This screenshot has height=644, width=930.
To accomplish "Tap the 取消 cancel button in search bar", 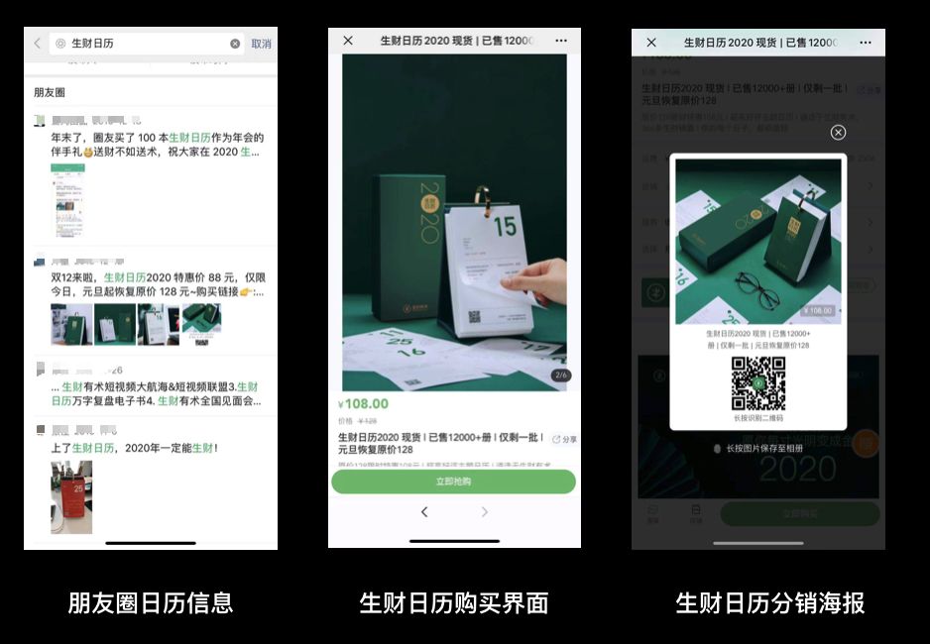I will (x=261, y=44).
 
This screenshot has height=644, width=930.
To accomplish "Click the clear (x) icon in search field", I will (x=235, y=44).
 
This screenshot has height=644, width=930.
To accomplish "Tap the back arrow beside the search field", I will (x=38, y=44).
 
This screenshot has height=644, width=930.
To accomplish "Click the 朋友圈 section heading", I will (x=50, y=92).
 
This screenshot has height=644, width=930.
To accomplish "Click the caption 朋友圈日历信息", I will (x=151, y=602).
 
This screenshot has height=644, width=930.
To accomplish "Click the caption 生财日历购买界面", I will (x=454, y=602).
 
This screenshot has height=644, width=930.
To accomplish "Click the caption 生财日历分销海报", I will (x=769, y=602).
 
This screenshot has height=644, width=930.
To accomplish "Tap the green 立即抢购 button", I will (x=453, y=482).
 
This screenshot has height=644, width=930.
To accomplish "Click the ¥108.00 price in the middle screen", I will (x=364, y=404).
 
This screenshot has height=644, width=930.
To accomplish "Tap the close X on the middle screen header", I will (x=348, y=41).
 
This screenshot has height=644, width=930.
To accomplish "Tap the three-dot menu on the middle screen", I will (x=561, y=41).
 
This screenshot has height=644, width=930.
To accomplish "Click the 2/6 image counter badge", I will (x=559, y=376).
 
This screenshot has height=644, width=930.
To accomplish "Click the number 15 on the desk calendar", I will (x=505, y=227).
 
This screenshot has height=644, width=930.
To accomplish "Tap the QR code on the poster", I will (x=758, y=383).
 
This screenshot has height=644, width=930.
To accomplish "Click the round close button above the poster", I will (x=838, y=133).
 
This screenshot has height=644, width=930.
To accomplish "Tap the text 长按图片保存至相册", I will (x=764, y=448).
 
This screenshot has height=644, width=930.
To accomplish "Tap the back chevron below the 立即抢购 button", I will (x=424, y=512).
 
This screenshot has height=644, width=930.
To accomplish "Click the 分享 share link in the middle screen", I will (x=564, y=439).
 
